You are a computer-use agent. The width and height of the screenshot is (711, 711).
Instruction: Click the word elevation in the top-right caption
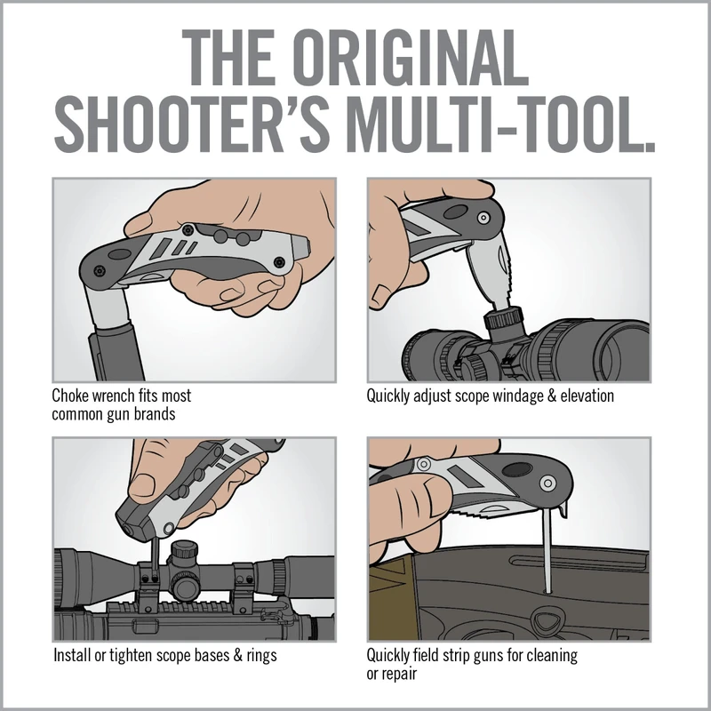(x=582, y=395)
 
